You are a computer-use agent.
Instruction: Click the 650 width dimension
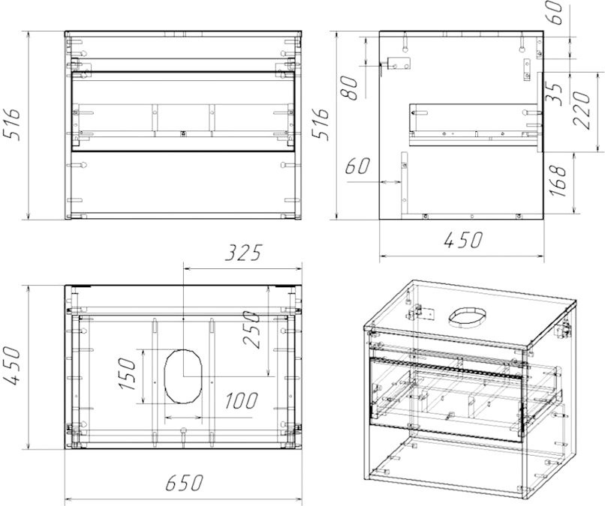point(183,484)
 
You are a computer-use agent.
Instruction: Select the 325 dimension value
point(242,253)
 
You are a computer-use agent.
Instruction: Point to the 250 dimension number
point(252,331)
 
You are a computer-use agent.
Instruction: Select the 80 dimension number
point(348,88)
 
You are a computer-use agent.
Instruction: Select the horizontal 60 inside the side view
point(358,166)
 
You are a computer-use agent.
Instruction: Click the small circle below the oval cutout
point(183,431)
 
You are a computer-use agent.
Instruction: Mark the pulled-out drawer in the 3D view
point(465,394)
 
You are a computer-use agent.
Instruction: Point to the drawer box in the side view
point(473,121)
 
